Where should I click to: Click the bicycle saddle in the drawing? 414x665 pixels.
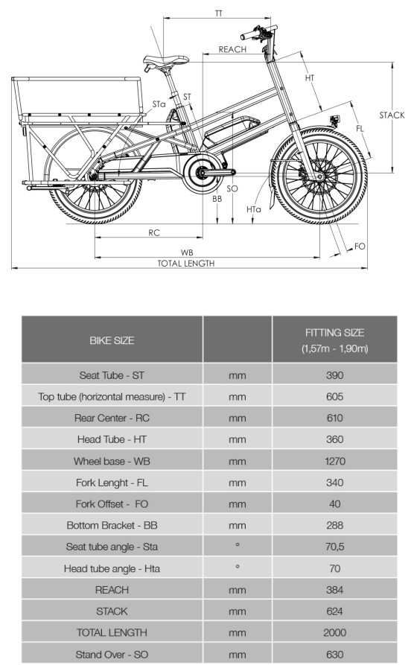[x=165, y=60]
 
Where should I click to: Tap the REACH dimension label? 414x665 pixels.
[x=232, y=49]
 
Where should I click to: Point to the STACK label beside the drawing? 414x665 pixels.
[x=392, y=115]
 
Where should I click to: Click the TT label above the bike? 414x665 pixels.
[x=218, y=13]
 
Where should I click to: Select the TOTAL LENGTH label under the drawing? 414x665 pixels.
[x=186, y=264]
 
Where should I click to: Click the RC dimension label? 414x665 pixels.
[x=154, y=233]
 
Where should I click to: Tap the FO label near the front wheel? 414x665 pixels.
[x=360, y=246]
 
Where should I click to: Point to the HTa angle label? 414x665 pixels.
[x=254, y=209]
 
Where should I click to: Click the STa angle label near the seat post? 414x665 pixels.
[x=159, y=104]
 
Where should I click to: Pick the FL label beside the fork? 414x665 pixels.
[x=360, y=128]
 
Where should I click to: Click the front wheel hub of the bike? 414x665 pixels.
[x=319, y=176]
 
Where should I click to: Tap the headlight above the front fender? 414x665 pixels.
[x=335, y=121]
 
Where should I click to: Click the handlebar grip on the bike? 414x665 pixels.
[x=248, y=35]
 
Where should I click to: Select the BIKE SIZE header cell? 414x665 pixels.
[x=112, y=340]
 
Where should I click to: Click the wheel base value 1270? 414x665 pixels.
[x=334, y=461]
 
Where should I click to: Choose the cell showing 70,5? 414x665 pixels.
[x=334, y=547]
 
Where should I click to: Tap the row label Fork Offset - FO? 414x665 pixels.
[x=112, y=504]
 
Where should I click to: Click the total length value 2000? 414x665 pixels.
[x=334, y=632]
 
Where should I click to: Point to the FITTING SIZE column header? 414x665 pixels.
[x=334, y=340]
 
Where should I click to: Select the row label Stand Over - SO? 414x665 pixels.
[x=112, y=655]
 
